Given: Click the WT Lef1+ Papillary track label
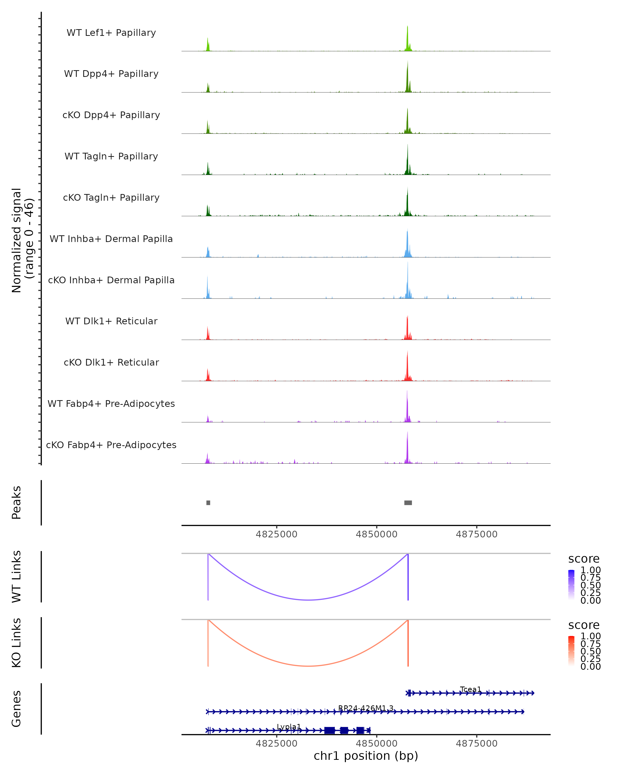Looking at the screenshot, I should (111, 33).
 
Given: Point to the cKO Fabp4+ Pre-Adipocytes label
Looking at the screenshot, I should (111, 445).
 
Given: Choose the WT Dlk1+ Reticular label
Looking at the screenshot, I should (111, 321).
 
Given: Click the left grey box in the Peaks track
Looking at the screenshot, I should (208, 503).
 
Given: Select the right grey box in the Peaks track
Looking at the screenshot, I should (408, 503).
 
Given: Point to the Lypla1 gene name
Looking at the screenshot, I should (289, 727).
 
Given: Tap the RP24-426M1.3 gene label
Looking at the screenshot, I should (366, 708).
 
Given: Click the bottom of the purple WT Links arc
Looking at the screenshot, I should (308, 600).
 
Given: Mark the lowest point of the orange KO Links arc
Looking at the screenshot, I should (308, 666).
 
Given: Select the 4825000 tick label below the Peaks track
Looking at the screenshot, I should (276, 534).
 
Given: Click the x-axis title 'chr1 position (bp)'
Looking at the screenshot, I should (366, 756).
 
